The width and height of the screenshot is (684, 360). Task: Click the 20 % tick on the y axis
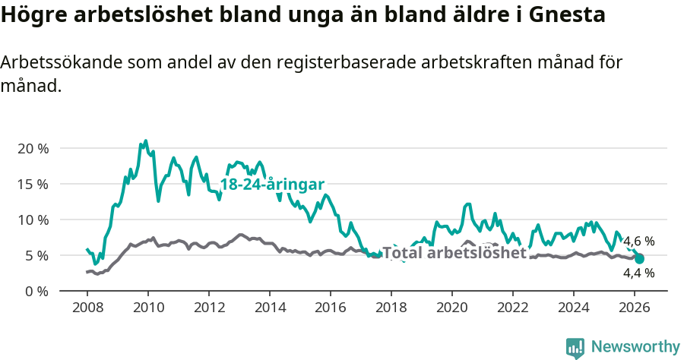coord(33,148)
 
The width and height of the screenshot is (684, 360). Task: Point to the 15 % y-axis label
coord(33,184)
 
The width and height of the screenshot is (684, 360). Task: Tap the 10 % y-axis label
coord(33,219)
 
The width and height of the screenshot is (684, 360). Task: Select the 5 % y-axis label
coord(36,255)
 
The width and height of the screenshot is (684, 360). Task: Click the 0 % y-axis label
coord(36,291)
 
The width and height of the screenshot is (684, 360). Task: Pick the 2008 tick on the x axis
coord(87,308)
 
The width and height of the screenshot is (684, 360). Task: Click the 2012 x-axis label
coord(209,308)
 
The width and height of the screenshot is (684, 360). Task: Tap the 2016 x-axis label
coord(331,308)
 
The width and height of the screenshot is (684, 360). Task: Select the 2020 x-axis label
coord(452,308)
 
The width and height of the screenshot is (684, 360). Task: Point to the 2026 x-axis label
coord(635,308)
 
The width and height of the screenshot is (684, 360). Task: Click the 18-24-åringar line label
coord(272,185)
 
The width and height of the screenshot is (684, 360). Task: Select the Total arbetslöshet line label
coord(454,253)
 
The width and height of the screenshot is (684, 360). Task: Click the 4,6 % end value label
coord(638,242)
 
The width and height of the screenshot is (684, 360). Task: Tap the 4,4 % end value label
coord(638,273)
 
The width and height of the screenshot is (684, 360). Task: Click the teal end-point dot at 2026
coord(639,259)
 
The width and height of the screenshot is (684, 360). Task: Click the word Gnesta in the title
coord(563,15)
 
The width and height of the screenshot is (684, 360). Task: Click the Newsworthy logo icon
coord(575,347)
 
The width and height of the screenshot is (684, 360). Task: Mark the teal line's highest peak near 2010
coord(145,141)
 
